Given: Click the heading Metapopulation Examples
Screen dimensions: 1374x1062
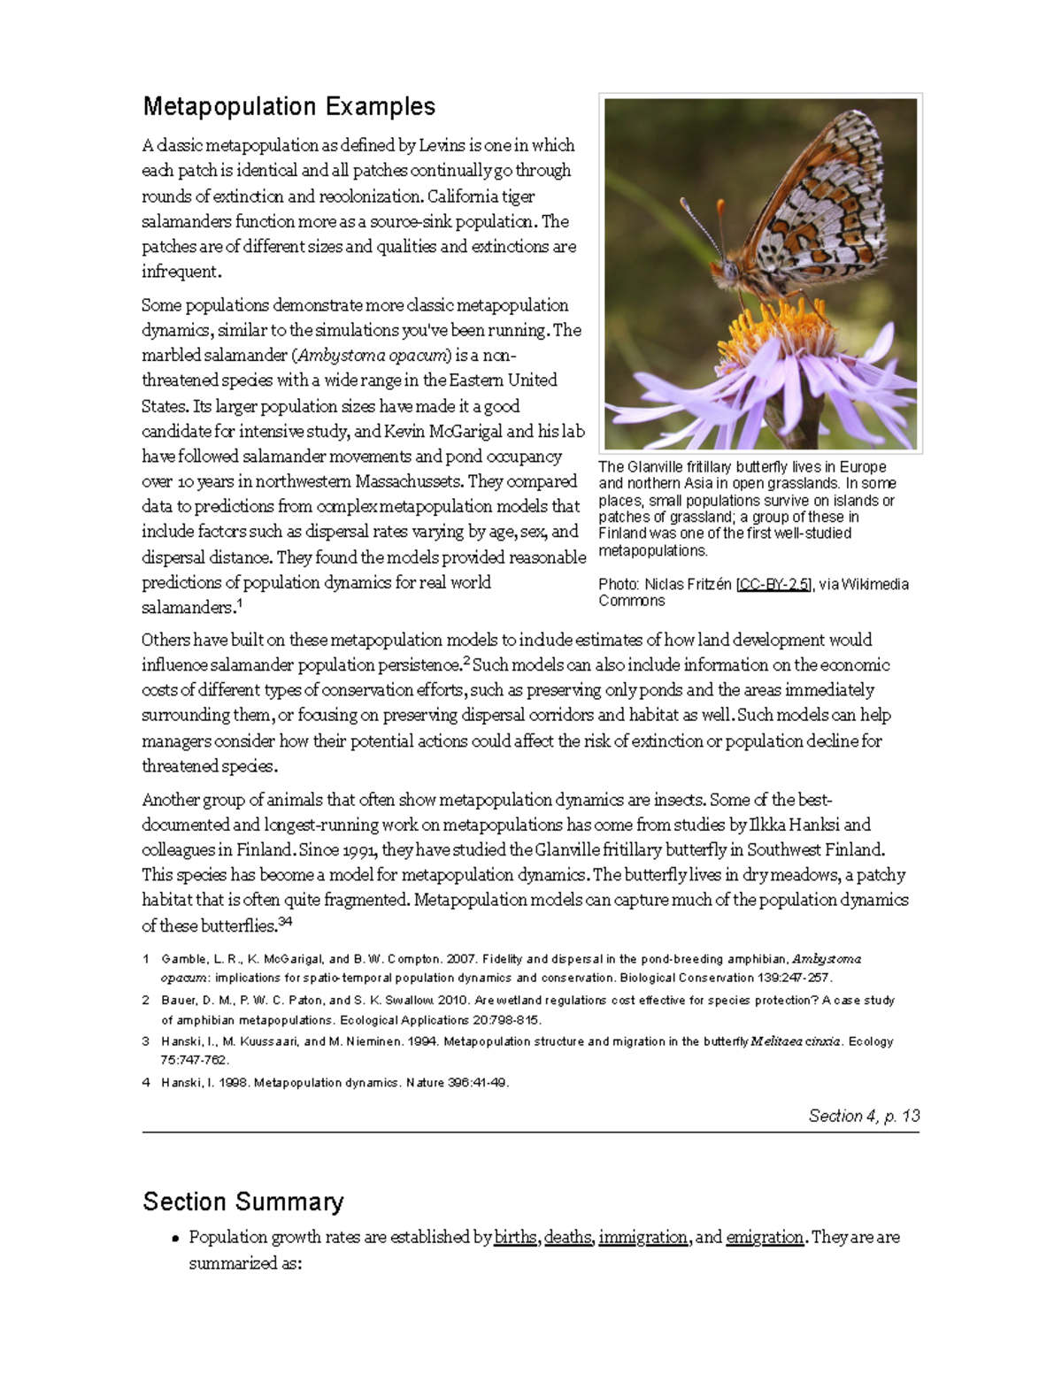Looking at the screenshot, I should (x=289, y=107).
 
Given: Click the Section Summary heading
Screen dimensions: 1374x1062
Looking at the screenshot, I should (x=242, y=1201).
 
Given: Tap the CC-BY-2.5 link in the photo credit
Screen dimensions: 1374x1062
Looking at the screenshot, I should (x=773, y=584).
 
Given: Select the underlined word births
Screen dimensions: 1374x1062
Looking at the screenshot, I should (x=515, y=1237).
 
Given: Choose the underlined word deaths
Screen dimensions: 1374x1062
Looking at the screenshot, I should (x=568, y=1237).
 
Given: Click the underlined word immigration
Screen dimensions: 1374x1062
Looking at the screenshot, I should (x=643, y=1237).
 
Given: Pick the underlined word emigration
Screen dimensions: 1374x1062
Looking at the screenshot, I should (x=764, y=1237).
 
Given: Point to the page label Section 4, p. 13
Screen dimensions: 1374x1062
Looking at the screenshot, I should (x=864, y=1116).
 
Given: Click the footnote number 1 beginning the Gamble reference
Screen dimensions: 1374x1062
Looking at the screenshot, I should (x=146, y=959).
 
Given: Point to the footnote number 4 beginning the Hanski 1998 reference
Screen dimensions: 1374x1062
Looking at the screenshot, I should (x=146, y=1082).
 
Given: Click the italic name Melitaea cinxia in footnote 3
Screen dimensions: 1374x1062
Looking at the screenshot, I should (x=795, y=1041).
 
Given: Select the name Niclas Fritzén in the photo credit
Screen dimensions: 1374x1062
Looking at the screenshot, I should (x=688, y=584).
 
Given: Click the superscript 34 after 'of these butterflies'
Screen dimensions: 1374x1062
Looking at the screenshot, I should (x=285, y=922).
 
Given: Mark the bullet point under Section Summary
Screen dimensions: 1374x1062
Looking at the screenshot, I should (x=178, y=1239).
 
